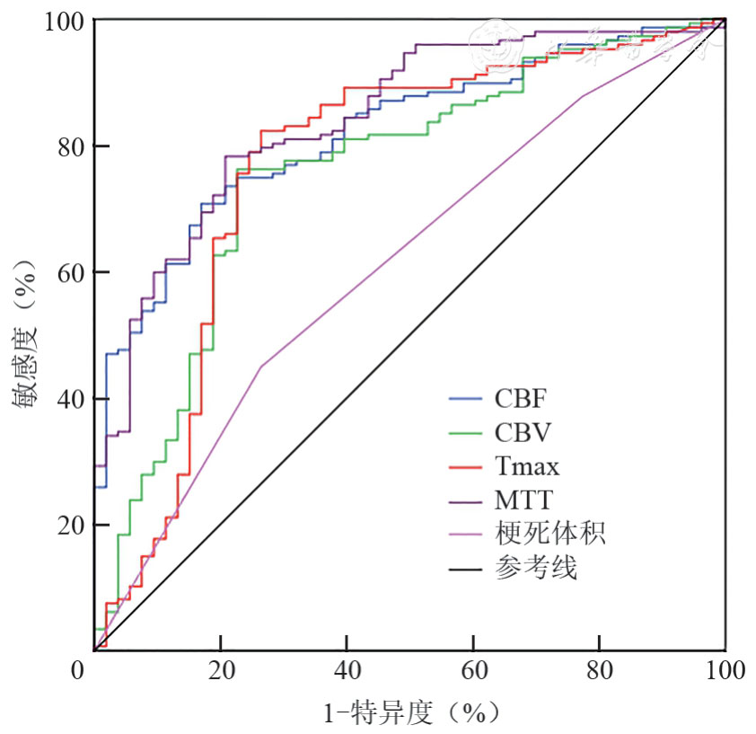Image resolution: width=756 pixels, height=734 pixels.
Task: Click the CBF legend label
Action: [520, 398]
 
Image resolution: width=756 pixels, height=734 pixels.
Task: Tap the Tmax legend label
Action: [527, 466]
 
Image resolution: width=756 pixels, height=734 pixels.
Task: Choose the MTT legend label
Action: [523, 500]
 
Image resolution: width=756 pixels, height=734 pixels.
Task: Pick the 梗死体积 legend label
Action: [550, 535]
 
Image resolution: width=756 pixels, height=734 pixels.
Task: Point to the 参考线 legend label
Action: [536, 569]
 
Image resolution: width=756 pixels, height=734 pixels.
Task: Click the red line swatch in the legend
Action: [466, 467]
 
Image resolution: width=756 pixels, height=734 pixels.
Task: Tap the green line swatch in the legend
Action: [466, 433]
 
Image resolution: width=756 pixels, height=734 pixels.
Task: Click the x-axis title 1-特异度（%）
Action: [409, 713]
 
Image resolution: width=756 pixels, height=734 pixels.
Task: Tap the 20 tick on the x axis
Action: [219, 670]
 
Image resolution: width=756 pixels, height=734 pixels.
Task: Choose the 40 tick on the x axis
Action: [346, 670]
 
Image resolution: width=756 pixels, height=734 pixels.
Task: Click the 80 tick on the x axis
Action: [599, 670]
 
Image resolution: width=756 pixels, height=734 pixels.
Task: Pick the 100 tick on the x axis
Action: [724, 670]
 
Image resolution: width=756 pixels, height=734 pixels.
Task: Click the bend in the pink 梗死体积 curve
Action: [260, 367]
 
